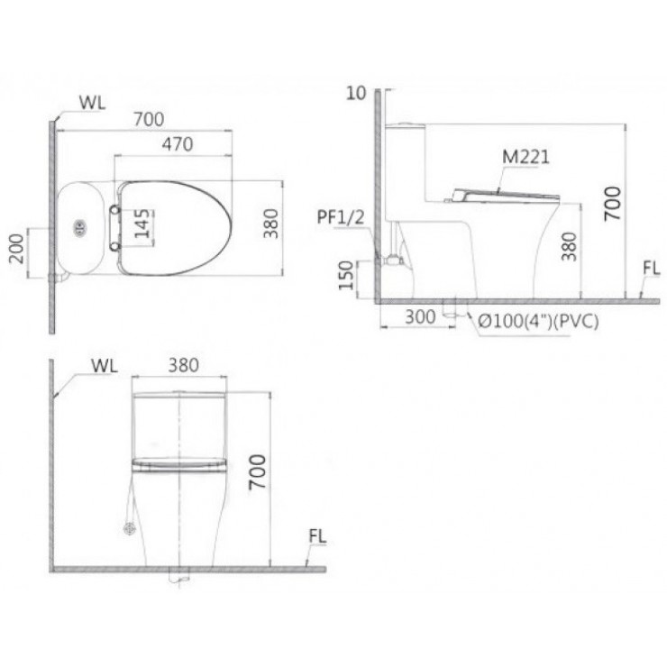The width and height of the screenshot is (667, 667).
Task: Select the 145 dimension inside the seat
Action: click(142, 222)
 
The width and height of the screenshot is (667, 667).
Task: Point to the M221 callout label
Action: click(525, 157)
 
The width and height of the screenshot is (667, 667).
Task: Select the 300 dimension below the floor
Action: click(420, 317)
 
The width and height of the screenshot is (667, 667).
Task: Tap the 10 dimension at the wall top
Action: click(357, 93)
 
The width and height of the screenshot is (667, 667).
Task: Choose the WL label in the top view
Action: click(91, 102)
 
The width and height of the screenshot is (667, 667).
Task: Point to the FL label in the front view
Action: click(316, 537)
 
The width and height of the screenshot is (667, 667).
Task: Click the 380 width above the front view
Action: click(183, 366)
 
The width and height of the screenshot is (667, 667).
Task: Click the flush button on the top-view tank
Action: click(80, 228)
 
